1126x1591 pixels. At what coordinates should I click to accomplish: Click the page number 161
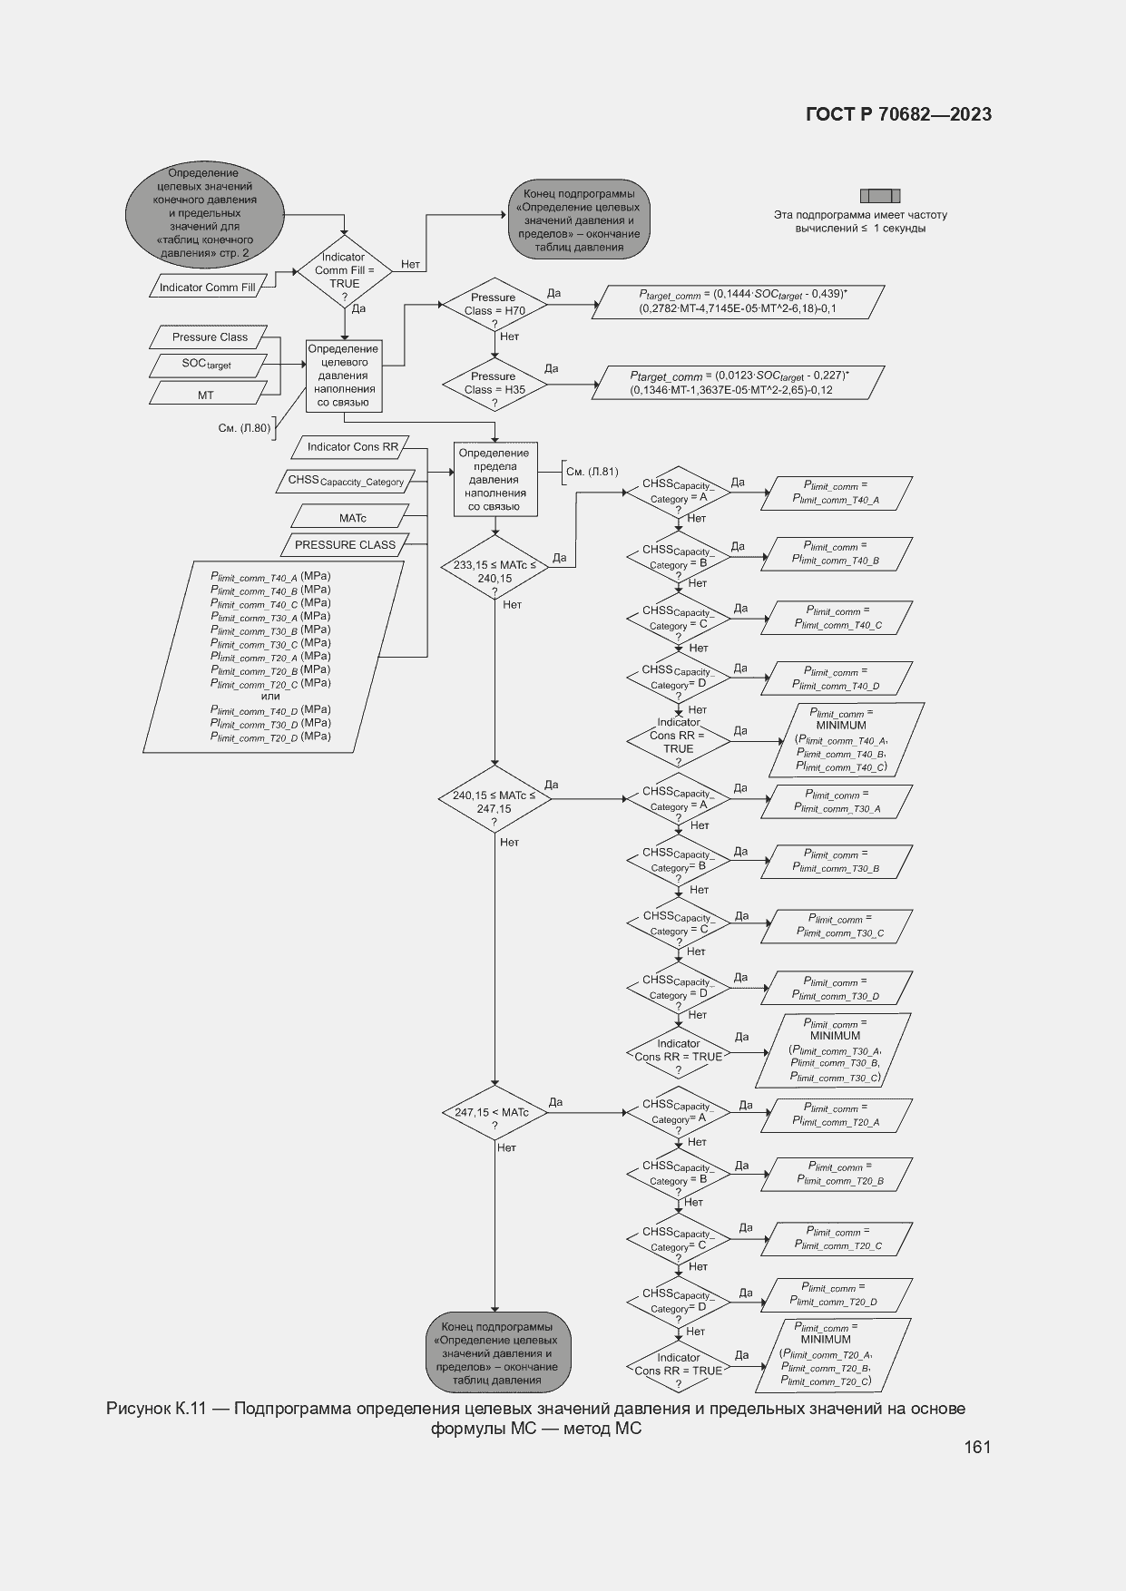[976, 1447]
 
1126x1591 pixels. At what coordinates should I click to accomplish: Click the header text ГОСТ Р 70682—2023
[898, 114]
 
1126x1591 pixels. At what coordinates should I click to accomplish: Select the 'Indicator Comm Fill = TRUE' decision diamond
[345, 271]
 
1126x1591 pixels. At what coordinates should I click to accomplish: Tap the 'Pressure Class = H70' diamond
[494, 305]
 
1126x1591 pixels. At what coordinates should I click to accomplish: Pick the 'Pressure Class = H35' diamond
[494, 384]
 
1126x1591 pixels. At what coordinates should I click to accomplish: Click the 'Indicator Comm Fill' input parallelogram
[208, 288]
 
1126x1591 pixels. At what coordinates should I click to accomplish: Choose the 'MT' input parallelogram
[206, 395]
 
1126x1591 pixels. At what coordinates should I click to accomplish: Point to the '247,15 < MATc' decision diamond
[494, 1113]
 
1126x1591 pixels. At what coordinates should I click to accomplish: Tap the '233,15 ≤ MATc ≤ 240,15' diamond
[494, 571]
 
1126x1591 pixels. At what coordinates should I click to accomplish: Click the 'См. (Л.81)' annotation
[592, 472]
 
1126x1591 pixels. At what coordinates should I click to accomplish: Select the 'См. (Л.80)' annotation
[244, 428]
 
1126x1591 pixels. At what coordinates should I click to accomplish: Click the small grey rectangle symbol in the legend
[879, 196]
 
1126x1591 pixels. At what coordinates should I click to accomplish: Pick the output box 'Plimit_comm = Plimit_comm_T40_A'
[836, 493]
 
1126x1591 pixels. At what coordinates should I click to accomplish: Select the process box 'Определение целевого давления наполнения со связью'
[343, 376]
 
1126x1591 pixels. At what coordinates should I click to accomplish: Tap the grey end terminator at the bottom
[498, 1352]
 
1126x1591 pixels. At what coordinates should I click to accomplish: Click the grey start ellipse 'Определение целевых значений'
[204, 213]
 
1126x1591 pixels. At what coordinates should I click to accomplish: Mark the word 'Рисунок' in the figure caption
[137, 1409]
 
